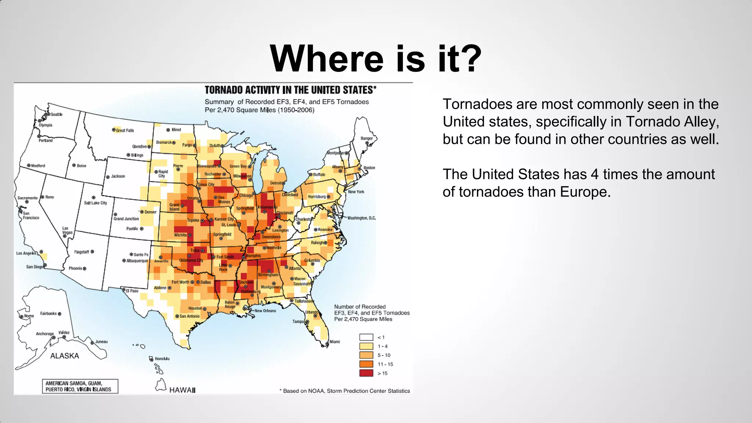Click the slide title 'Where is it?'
pos(375,59)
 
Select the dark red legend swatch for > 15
pos(366,373)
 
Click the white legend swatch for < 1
pos(366,337)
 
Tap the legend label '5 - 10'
pos(384,355)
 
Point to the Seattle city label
pos(56,114)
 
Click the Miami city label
pos(335,341)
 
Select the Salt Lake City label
pos(95,203)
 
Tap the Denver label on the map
pos(150,212)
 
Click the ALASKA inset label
pos(65,356)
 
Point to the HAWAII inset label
pos(182,390)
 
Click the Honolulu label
pos(162,359)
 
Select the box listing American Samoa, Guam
pos(80,386)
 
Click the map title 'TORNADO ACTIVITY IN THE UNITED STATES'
pos(290,90)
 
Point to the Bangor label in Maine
pos(366,138)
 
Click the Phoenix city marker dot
pos(84,269)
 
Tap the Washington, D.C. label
pos(361,218)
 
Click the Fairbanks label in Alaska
pos(48,314)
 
